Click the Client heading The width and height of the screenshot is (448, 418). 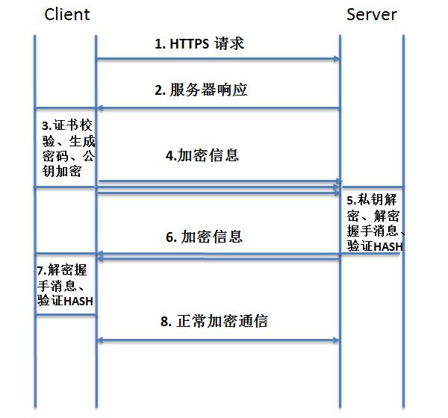pos(67,15)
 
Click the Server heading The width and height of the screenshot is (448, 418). pos(371,15)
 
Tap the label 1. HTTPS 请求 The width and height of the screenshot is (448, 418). pos(199,44)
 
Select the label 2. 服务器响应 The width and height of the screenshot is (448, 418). pos(201,90)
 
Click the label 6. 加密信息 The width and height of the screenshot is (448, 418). pos(203,237)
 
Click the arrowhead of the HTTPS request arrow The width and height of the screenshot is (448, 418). pos(337,58)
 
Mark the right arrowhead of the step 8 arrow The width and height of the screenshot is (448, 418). pos(337,340)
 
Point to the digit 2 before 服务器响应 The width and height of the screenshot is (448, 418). pos(159,90)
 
